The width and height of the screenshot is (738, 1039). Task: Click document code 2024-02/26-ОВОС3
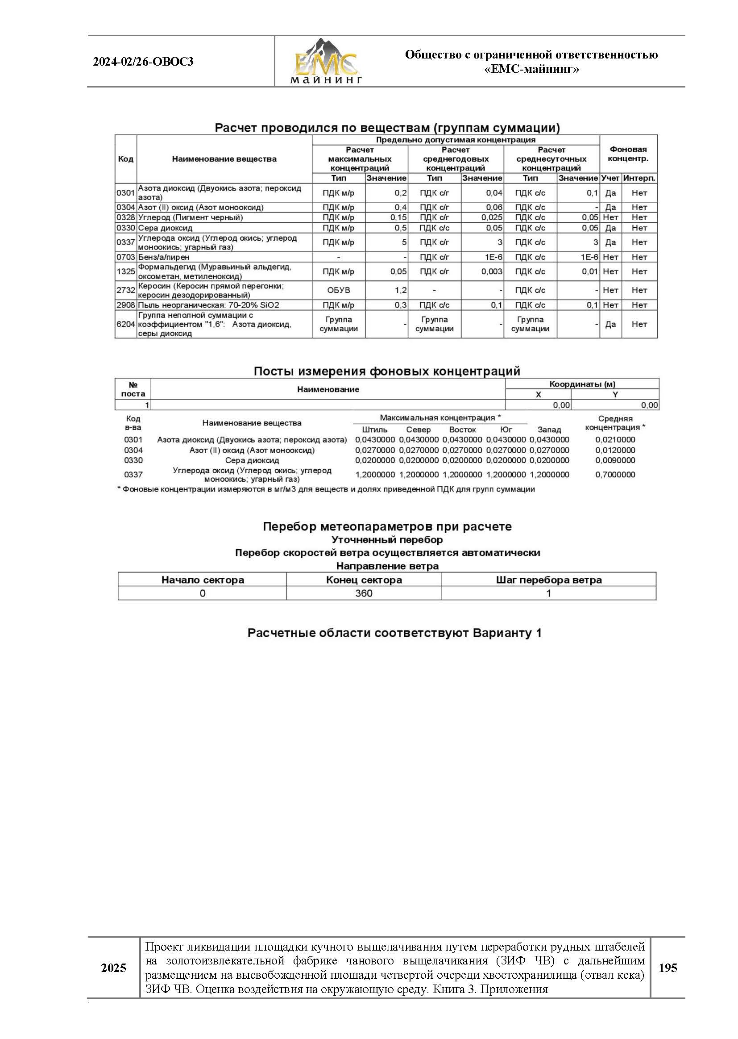[x=143, y=62]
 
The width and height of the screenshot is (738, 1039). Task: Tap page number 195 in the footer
[x=667, y=968]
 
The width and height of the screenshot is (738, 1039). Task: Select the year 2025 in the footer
[x=114, y=968]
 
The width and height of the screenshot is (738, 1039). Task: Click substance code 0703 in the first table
[x=125, y=257]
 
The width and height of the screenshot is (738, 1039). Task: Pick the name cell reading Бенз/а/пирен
[x=164, y=257]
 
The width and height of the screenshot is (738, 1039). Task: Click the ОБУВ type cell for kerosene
[x=339, y=290]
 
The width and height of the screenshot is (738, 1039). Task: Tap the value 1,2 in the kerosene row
[x=400, y=290]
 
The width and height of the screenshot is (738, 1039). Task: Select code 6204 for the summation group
[x=125, y=324]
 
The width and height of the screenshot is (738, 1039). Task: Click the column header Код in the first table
[x=125, y=159]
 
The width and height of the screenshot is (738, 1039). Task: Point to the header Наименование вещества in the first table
[x=224, y=159]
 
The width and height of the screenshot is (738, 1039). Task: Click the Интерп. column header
[x=639, y=178]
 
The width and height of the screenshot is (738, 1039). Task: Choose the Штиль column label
[x=374, y=430]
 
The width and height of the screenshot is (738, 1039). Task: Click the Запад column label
[x=549, y=430]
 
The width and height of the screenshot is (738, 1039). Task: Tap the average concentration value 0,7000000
[x=615, y=475]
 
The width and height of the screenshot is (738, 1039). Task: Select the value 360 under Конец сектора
[x=364, y=593]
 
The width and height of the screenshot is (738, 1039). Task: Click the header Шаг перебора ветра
[x=548, y=580]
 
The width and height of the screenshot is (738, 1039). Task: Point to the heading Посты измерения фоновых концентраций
[x=387, y=371]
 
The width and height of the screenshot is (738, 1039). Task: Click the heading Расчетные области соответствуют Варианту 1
[x=394, y=633]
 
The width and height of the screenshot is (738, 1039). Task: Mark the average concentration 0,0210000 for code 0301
[x=615, y=440]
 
